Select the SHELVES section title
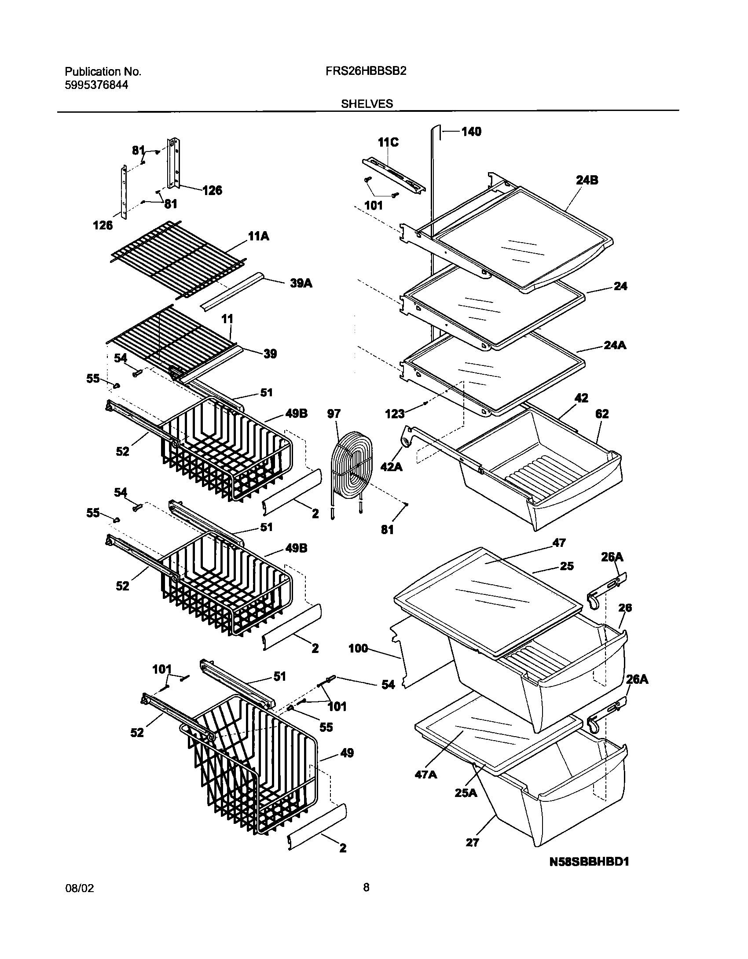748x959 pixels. [367, 104]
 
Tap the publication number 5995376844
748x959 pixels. [96, 85]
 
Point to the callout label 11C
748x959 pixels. [388, 142]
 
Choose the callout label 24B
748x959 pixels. [587, 180]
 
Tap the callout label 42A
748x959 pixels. [391, 467]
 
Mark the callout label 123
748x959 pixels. [394, 414]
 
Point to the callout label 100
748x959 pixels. [358, 649]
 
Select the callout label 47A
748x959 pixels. [425, 775]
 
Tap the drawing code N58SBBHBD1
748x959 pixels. [589, 874]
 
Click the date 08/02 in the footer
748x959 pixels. [79, 901]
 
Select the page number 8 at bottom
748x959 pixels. [366, 900]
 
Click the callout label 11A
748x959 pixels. [258, 236]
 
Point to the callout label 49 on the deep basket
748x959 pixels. [347, 753]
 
